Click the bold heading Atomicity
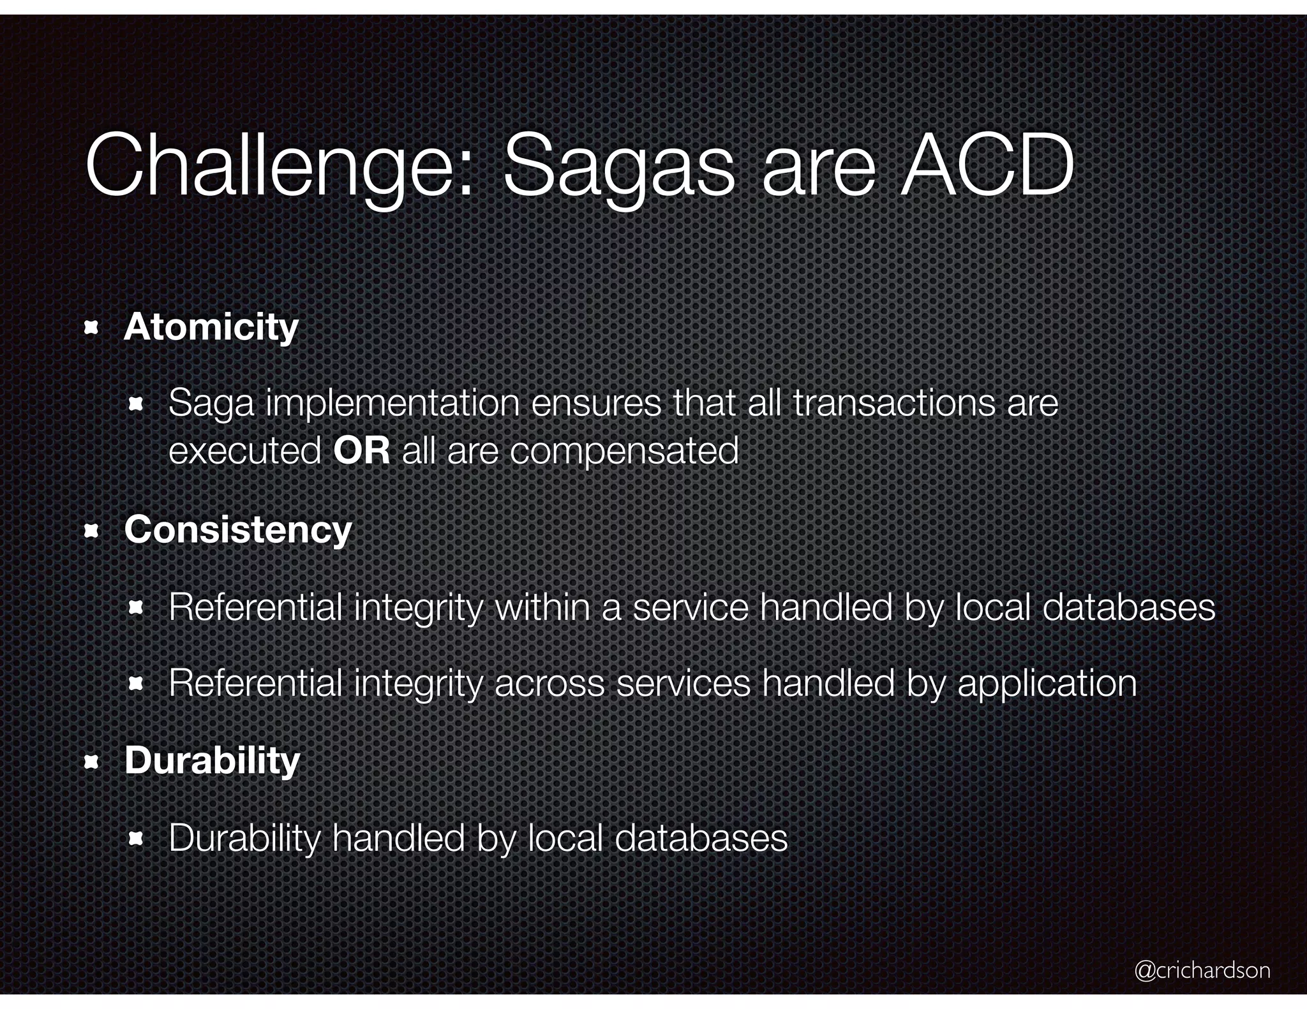[211, 327]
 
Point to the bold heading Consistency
[238, 530]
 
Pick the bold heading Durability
[212, 760]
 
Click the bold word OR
[361, 450]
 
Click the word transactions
[894, 404]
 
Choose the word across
[549, 684]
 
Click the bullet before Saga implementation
[135, 405]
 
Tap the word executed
[244, 452]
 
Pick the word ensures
[595, 404]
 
